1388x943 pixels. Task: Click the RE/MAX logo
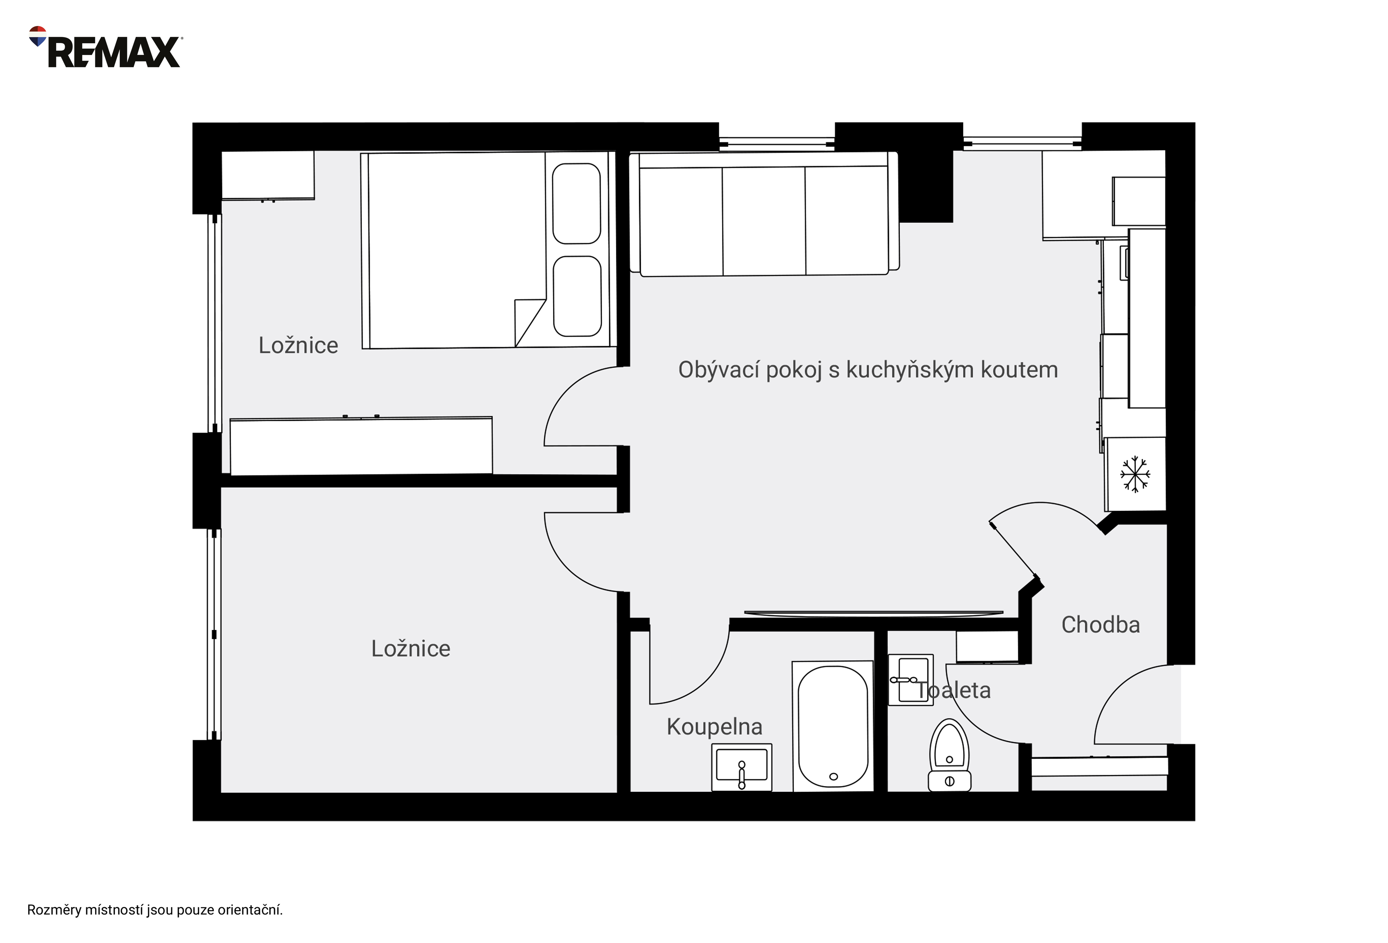pos(105,47)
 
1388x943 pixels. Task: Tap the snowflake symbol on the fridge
pos(1135,474)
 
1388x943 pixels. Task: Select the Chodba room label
pos(1100,625)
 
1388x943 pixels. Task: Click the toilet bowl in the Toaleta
pos(950,755)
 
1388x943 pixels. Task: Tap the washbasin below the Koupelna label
pos(742,767)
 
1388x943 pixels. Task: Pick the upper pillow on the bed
pos(576,203)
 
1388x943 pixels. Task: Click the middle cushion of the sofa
pos(764,221)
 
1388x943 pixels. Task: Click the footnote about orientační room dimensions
pos(155,910)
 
